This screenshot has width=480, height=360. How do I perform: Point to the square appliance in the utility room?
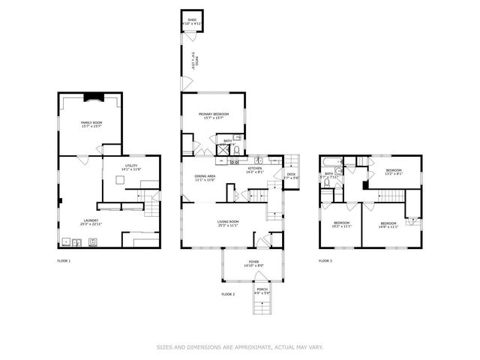tap(121, 181)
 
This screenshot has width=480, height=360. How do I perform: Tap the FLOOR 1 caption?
tap(64, 260)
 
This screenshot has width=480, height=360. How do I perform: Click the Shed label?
tap(192, 20)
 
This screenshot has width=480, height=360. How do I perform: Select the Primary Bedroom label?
tap(213, 114)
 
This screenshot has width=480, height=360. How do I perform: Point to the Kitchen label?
tap(255, 168)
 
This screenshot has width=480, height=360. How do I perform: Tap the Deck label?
tap(291, 174)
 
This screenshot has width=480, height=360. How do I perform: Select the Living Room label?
tap(228, 222)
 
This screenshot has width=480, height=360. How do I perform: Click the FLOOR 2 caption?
tap(228, 294)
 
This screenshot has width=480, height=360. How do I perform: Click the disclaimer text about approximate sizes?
tap(239, 346)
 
